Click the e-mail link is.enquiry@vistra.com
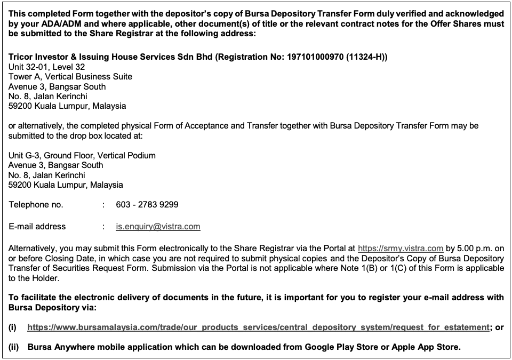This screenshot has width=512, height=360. [x=158, y=226]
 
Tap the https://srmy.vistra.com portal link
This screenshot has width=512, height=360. [x=401, y=248]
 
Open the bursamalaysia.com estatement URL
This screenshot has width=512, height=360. [x=258, y=327]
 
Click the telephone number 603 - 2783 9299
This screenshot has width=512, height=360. [x=147, y=204]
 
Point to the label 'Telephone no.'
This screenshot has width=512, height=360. [x=36, y=204]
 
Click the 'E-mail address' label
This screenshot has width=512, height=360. [x=37, y=226]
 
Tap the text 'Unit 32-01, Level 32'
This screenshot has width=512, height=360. [x=47, y=67]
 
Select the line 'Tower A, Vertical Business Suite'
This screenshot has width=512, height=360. [x=70, y=76]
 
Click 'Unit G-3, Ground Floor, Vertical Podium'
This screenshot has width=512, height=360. [x=82, y=155]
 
